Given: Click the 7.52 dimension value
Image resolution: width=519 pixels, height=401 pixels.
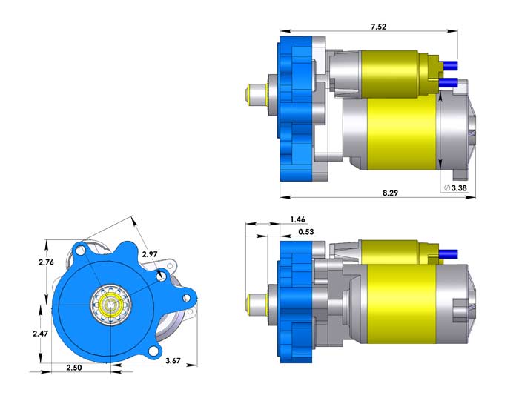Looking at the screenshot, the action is click(x=378, y=27).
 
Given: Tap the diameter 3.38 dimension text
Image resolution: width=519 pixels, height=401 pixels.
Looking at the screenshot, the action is click(x=455, y=188).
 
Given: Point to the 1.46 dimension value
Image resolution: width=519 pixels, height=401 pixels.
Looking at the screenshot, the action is click(x=297, y=219).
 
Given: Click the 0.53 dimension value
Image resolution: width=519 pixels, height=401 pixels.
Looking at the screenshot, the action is click(x=305, y=231).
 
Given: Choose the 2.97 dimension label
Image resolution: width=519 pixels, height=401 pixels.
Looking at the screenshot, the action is click(x=150, y=254).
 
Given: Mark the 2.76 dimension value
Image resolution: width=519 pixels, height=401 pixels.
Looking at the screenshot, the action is click(x=46, y=262).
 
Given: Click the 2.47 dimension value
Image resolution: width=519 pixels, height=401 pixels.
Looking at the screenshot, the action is click(x=40, y=334).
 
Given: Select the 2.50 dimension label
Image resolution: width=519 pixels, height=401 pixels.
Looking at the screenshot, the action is click(x=74, y=367).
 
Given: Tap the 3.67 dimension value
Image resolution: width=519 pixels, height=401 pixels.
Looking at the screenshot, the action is click(x=173, y=360).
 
